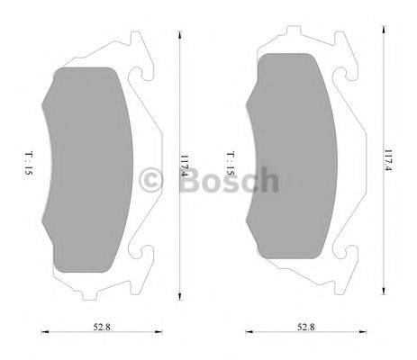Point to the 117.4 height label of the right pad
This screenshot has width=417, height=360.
coord(389,160)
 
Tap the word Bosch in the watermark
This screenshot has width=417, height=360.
coord(230,180)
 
